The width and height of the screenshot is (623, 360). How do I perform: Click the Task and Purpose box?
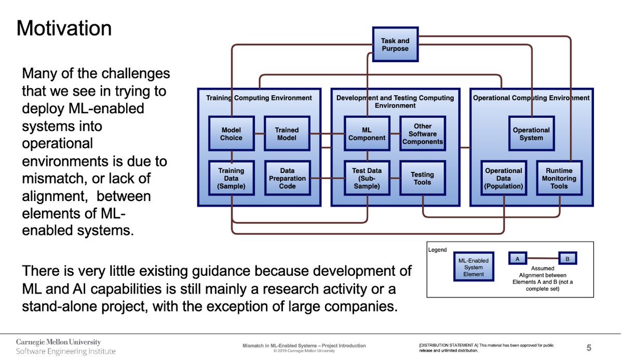click(x=395, y=45)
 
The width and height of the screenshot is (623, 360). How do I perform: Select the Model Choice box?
click(x=232, y=134)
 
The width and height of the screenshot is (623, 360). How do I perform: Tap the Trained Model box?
click(x=287, y=134)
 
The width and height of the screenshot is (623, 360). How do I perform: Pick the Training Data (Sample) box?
click(x=232, y=178)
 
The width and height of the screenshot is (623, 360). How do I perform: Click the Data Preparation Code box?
click(x=287, y=178)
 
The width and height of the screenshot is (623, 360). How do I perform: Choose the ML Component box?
click(x=367, y=134)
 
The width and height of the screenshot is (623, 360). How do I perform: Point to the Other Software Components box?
click(x=423, y=134)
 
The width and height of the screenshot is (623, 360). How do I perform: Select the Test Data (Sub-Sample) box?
click(x=367, y=178)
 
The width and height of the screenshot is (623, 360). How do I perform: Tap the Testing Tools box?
click(x=423, y=178)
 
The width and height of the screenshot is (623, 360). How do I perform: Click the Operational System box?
click(x=531, y=134)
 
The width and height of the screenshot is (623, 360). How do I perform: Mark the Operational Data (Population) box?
click(x=503, y=178)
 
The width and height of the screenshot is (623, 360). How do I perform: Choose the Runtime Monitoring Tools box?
click(x=559, y=178)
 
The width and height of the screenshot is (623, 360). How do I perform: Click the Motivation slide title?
click(x=64, y=28)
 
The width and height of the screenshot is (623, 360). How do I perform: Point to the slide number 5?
click(x=589, y=347)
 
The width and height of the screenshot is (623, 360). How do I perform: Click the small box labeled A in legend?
click(x=517, y=258)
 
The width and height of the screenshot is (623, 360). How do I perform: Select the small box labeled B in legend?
click(x=567, y=258)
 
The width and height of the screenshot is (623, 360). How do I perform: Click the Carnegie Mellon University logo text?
click(x=59, y=342)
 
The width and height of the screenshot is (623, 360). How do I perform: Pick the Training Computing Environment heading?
click(x=259, y=98)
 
